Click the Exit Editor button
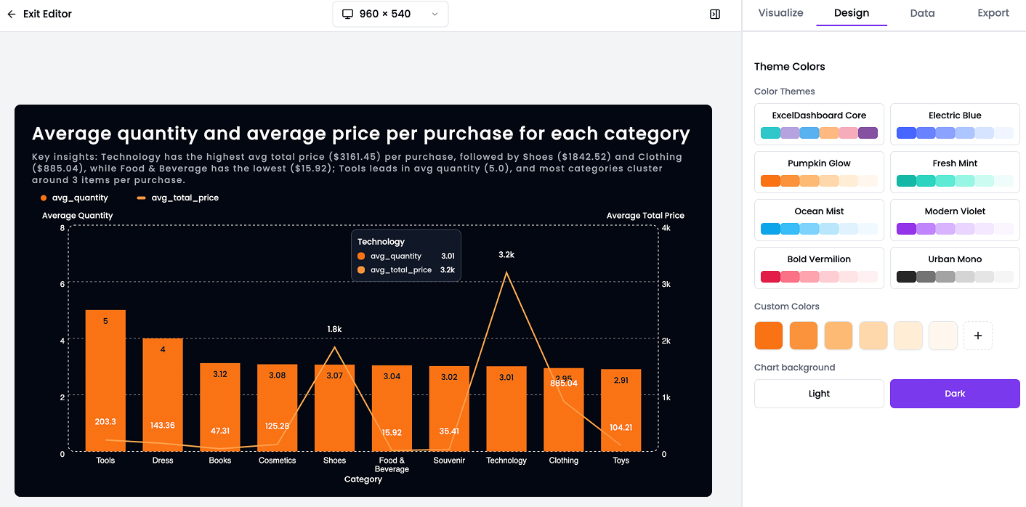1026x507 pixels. tap(40, 14)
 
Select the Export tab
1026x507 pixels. tap(993, 13)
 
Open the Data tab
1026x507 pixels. tap(922, 13)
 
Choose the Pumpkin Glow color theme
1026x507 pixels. tap(819, 171)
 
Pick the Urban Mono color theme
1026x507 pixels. tap(955, 267)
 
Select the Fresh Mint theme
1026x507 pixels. tap(955, 171)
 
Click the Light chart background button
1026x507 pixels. tap(819, 394)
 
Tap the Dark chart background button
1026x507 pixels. tap(955, 394)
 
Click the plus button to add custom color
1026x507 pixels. tap(977, 336)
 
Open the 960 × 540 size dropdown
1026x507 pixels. tap(390, 14)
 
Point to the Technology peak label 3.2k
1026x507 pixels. tap(506, 255)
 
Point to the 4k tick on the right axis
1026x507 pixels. tap(666, 228)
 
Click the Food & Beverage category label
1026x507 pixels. tap(392, 464)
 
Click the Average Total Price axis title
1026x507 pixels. tap(645, 216)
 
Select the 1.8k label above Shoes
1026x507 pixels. tap(334, 329)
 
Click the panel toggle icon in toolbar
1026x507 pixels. tap(715, 14)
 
